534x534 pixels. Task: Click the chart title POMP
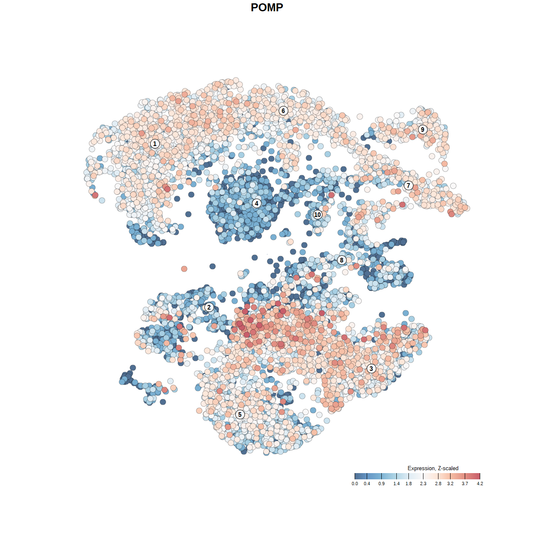[267, 8]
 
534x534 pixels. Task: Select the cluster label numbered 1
[155, 144]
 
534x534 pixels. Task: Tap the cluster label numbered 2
[209, 307]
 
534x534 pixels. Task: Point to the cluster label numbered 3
[371, 368]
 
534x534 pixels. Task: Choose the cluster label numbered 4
[257, 203]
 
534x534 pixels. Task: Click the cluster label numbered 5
[239, 414]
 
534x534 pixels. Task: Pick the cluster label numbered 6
[283, 111]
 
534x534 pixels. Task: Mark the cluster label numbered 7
[408, 185]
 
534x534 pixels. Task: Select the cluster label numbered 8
[342, 260]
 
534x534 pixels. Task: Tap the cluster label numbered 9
[423, 129]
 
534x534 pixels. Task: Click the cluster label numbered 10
[317, 214]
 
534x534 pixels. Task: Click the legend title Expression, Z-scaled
[433, 468]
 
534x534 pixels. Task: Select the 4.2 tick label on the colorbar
[480, 484]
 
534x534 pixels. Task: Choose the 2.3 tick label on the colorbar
[423, 484]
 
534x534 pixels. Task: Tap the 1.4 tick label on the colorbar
[396, 484]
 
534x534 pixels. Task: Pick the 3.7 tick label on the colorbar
[465, 484]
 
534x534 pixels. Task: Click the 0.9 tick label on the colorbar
[381, 484]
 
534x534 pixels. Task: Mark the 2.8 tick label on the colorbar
[438, 484]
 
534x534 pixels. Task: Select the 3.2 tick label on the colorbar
[450, 484]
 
